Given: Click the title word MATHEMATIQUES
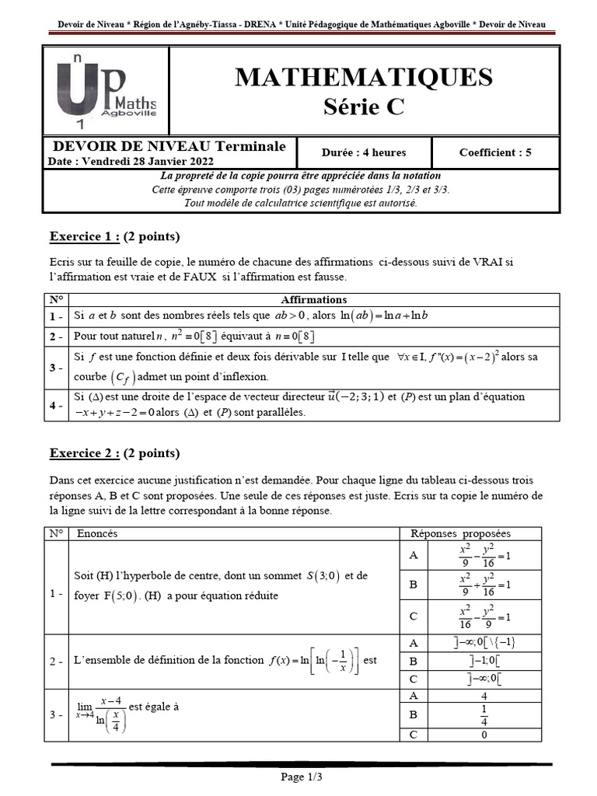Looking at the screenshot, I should point(363,77).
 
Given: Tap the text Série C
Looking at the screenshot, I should point(363,107).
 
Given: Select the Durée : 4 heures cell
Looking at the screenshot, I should point(363,152).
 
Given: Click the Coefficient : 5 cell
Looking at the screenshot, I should point(495,152).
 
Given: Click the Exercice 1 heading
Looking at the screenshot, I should point(85,236).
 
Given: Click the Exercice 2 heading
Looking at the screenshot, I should point(85,453).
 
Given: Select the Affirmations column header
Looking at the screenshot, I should point(313,299).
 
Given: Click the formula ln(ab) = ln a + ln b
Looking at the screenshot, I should point(385,316).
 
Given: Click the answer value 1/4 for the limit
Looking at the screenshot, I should point(484,714).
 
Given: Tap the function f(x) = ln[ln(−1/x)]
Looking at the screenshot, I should point(313,660).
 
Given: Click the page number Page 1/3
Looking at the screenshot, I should point(301,777).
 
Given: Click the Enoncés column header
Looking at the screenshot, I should point(97,533).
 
